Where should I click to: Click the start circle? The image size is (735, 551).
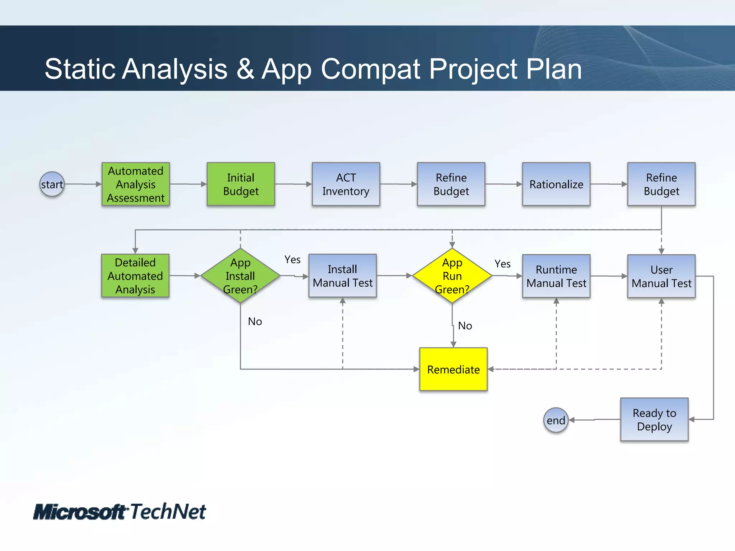click(52, 184)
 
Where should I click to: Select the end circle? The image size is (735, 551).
click(556, 420)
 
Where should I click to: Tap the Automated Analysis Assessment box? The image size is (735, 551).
click(136, 184)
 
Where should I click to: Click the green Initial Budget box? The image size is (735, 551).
click(241, 184)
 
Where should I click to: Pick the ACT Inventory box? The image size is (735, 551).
click(346, 184)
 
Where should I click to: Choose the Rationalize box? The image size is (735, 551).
click(556, 184)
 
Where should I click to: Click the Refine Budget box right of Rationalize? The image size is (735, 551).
click(661, 184)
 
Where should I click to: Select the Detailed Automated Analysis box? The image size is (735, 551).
click(135, 275)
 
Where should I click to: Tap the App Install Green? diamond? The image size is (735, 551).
click(240, 275)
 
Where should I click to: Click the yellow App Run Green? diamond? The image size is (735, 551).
click(452, 275)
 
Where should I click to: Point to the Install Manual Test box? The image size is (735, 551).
click(342, 275)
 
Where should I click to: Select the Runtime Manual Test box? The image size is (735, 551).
click(556, 276)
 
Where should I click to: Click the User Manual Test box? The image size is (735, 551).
click(661, 276)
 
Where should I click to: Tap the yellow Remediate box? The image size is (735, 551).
click(453, 369)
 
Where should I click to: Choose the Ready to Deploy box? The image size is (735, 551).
click(654, 419)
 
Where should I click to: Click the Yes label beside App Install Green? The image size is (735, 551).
click(292, 259)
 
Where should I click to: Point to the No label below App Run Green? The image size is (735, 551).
click(465, 326)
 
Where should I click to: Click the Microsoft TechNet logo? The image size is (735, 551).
click(120, 512)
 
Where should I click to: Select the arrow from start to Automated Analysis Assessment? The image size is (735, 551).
click(83, 184)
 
